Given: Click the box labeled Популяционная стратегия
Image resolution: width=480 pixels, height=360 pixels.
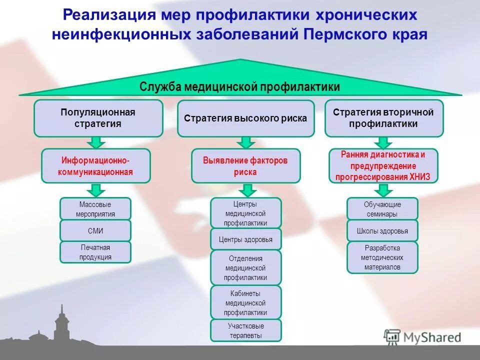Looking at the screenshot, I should pyautogui.click(x=98, y=118).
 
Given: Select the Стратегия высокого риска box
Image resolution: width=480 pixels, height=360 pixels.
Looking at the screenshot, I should pyautogui.click(x=245, y=118).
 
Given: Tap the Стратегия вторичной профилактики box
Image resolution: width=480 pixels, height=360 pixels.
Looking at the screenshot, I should pyautogui.click(x=383, y=118).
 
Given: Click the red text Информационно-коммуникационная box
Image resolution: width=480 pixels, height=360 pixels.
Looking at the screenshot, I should pyautogui.click(x=95, y=166).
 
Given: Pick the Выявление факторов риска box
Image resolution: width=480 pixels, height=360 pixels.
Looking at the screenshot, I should pyautogui.click(x=245, y=166).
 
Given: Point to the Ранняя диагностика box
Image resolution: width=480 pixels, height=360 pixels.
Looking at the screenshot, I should pyautogui.click(x=383, y=166).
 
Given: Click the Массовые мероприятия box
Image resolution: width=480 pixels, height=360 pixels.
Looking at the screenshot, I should pyautogui.click(x=95, y=209).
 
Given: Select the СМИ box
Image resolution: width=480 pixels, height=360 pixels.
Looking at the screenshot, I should pyautogui.click(x=95, y=231).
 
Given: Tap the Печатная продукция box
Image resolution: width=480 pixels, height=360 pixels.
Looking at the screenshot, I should pyautogui.click(x=95, y=252).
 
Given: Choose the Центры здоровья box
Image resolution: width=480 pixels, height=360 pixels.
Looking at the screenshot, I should pyautogui.click(x=245, y=239).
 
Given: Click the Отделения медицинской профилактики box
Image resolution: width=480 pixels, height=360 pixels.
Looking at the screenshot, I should pyautogui.click(x=245, y=267).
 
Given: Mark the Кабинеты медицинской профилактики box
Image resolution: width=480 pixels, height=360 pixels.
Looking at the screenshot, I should pyautogui.click(x=245, y=302).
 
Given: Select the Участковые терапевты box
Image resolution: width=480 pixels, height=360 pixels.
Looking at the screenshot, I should pyautogui.click(x=245, y=330).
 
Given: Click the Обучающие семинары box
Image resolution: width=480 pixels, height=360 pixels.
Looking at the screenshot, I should pyautogui.click(x=382, y=209).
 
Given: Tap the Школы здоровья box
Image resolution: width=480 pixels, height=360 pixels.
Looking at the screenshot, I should pyautogui.click(x=382, y=231).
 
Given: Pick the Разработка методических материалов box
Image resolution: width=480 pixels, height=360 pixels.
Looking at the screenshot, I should pyautogui.click(x=382, y=257).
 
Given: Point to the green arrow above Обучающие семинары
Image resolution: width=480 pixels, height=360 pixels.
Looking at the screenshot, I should pyautogui.click(x=383, y=190).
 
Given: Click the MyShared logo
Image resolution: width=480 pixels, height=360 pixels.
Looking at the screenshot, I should pyautogui.click(x=422, y=337).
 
